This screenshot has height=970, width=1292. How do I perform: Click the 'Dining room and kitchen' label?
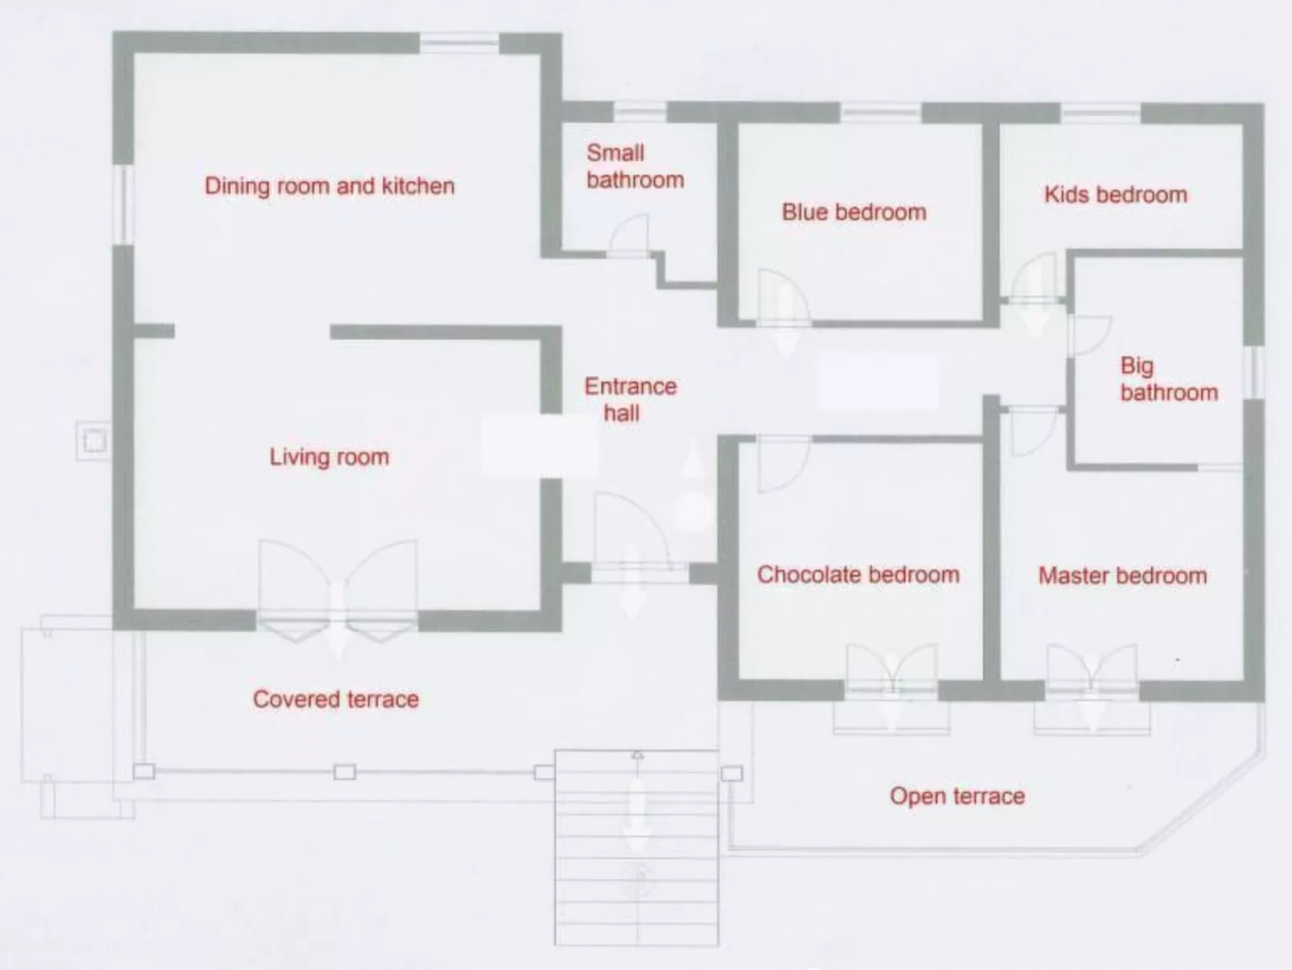point(329,186)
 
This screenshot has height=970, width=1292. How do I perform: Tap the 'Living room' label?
point(329,457)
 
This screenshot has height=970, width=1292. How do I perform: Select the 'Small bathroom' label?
point(635,166)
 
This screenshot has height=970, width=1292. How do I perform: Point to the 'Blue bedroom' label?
point(854,213)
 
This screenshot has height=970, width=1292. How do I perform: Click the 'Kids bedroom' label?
point(1115,195)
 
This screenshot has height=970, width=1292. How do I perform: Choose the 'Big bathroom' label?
point(1168,379)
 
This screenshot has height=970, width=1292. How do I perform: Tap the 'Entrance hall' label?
point(630,399)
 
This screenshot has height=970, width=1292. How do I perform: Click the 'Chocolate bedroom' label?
point(858,575)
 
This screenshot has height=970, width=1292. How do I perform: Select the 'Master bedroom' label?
point(1122,576)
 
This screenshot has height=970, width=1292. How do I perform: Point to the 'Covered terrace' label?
point(335,699)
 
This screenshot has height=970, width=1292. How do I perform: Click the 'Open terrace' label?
point(957,796)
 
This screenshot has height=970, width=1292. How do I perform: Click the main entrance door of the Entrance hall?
point(632,535)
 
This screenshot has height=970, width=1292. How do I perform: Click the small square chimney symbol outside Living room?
point(94,441)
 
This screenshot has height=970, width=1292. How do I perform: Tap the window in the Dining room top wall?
point(459,42)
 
